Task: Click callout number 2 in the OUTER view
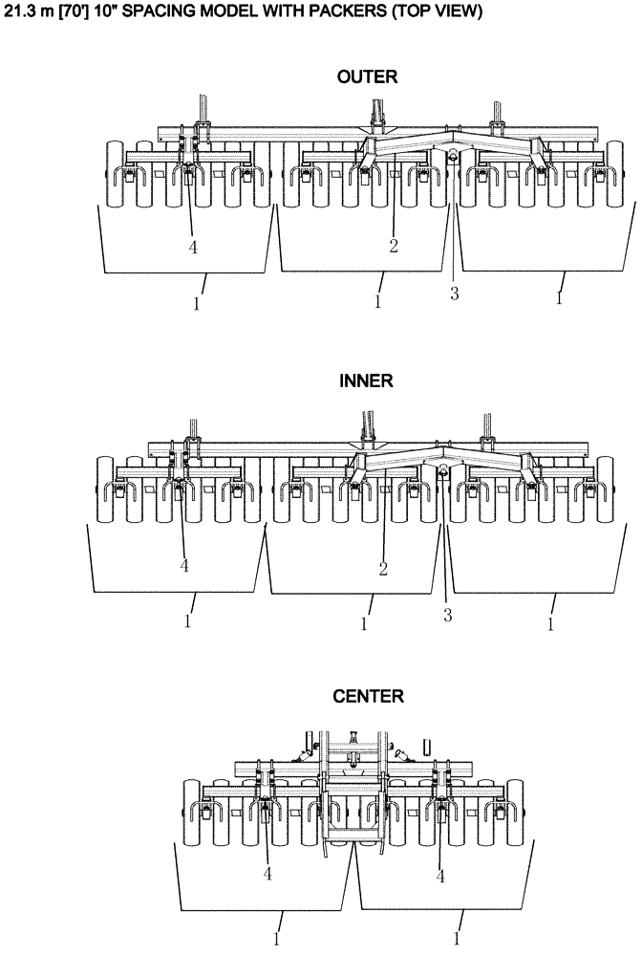pyautogui.click(x=393, y=246)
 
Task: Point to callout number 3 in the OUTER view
pyautogui.click(x=455, y=293)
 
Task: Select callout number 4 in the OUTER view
pyautogui.click(x=193, y=246)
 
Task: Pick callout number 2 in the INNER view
pyautogui.click(x=383, y=569)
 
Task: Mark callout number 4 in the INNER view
pyautogui.click(x=184, y=566)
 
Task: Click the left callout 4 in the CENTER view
pyautogui.click(x=267, y=874)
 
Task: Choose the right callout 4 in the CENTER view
pyautogui.click(x=440, y=874)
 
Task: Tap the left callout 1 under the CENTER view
pyautogui.click(x=278, y=928)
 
